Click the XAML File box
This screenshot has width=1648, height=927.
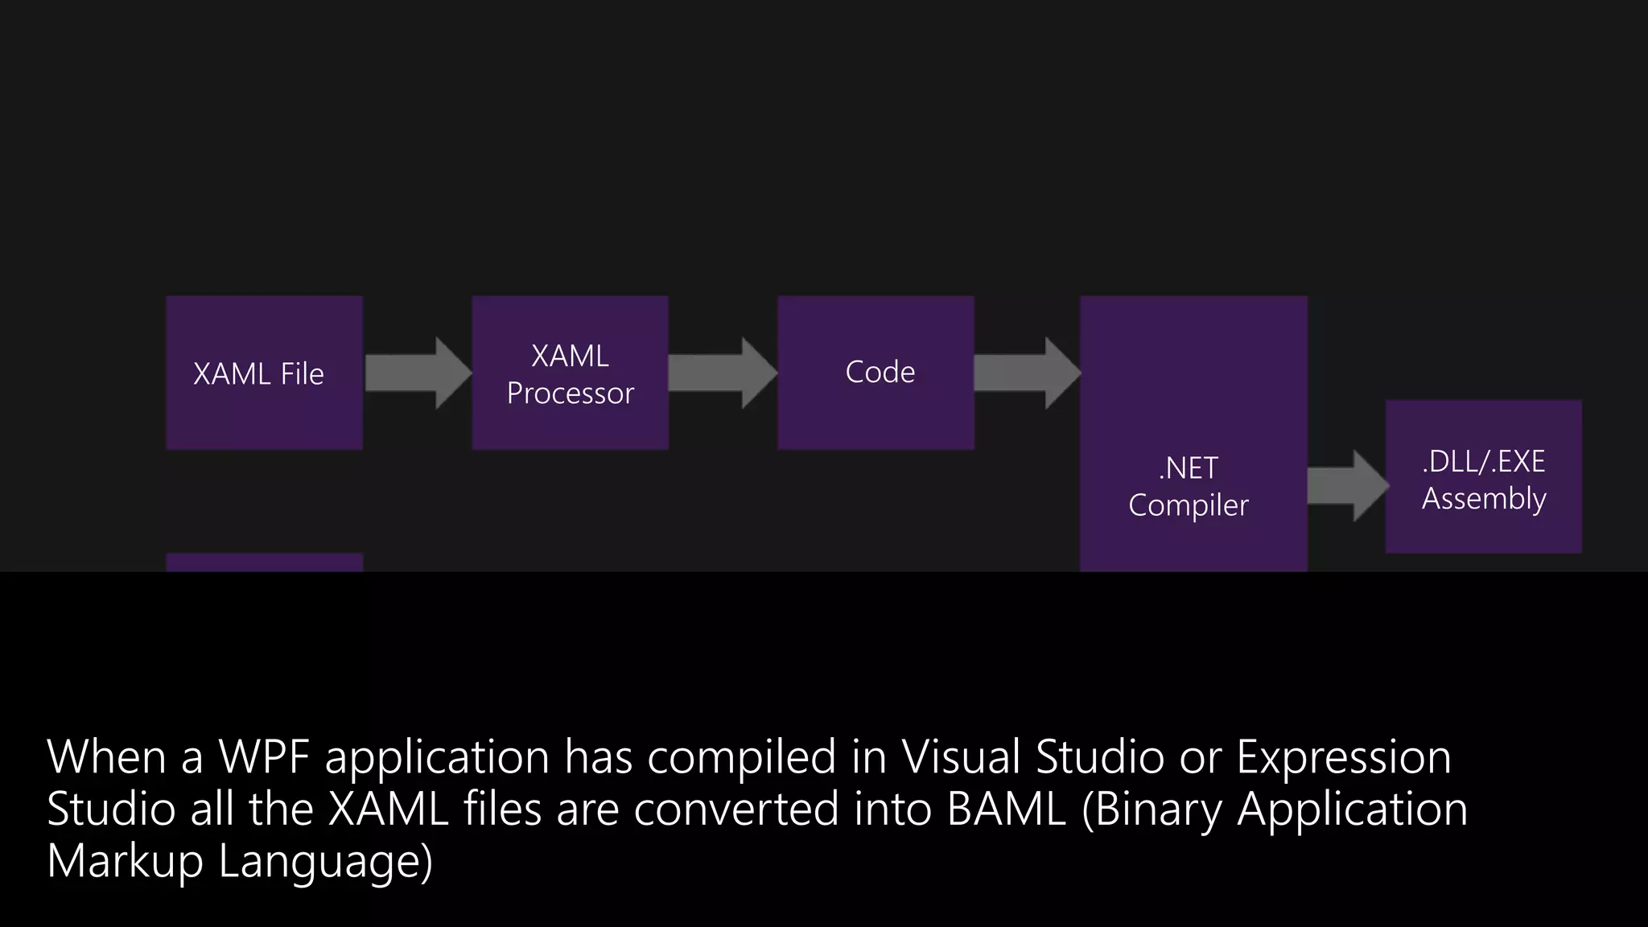tap(264, 373)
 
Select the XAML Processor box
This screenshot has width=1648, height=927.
tap(570, 373)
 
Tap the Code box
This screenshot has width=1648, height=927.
tap(875, 373)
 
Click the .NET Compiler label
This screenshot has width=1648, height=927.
tap(1189, 487)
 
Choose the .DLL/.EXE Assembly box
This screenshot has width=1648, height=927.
tap(1483, 477)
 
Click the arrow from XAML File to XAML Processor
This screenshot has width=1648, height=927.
tap(418, 373)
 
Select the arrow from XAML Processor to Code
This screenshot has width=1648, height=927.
tap(723, 373)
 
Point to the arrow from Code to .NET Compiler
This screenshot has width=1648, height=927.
tap(1027, 373)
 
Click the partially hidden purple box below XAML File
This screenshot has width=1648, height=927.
tap(264, 562)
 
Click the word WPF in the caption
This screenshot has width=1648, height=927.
tap(265, 757)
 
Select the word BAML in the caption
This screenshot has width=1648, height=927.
tap(1006, 809)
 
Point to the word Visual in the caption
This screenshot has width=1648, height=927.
tap(961, 757)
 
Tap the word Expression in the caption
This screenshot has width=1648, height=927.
tap(1343, 757)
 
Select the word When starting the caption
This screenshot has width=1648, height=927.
tap(106, 757)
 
